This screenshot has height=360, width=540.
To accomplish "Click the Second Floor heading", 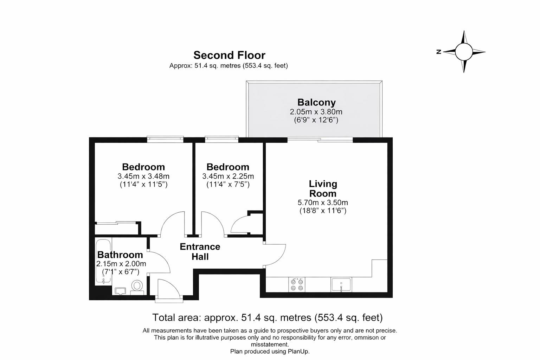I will point(229,55).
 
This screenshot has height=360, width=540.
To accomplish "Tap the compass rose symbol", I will point(464,52).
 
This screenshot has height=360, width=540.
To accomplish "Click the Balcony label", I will point(316,102).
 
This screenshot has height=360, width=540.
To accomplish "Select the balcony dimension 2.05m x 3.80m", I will point(316,112).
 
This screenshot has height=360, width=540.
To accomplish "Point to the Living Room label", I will point(323,188).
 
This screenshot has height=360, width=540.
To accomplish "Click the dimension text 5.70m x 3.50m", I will point(323,202).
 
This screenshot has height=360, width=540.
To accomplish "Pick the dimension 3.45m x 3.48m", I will point(143,176).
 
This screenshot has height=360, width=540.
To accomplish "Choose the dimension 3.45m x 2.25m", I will point(228,176).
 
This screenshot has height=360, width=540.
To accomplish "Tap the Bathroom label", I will point(120,255).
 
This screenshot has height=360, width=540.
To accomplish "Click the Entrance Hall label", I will point(200,252).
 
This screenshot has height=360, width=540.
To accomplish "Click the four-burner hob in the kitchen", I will point(296,284).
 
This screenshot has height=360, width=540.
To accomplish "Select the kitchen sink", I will point(341,284).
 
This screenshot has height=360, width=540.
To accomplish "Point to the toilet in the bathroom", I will point(137,286).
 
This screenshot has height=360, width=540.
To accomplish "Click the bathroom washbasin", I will point(120,290).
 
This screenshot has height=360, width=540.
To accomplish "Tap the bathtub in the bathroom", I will point(103,262).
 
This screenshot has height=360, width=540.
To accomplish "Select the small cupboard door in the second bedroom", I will point(241,224).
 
